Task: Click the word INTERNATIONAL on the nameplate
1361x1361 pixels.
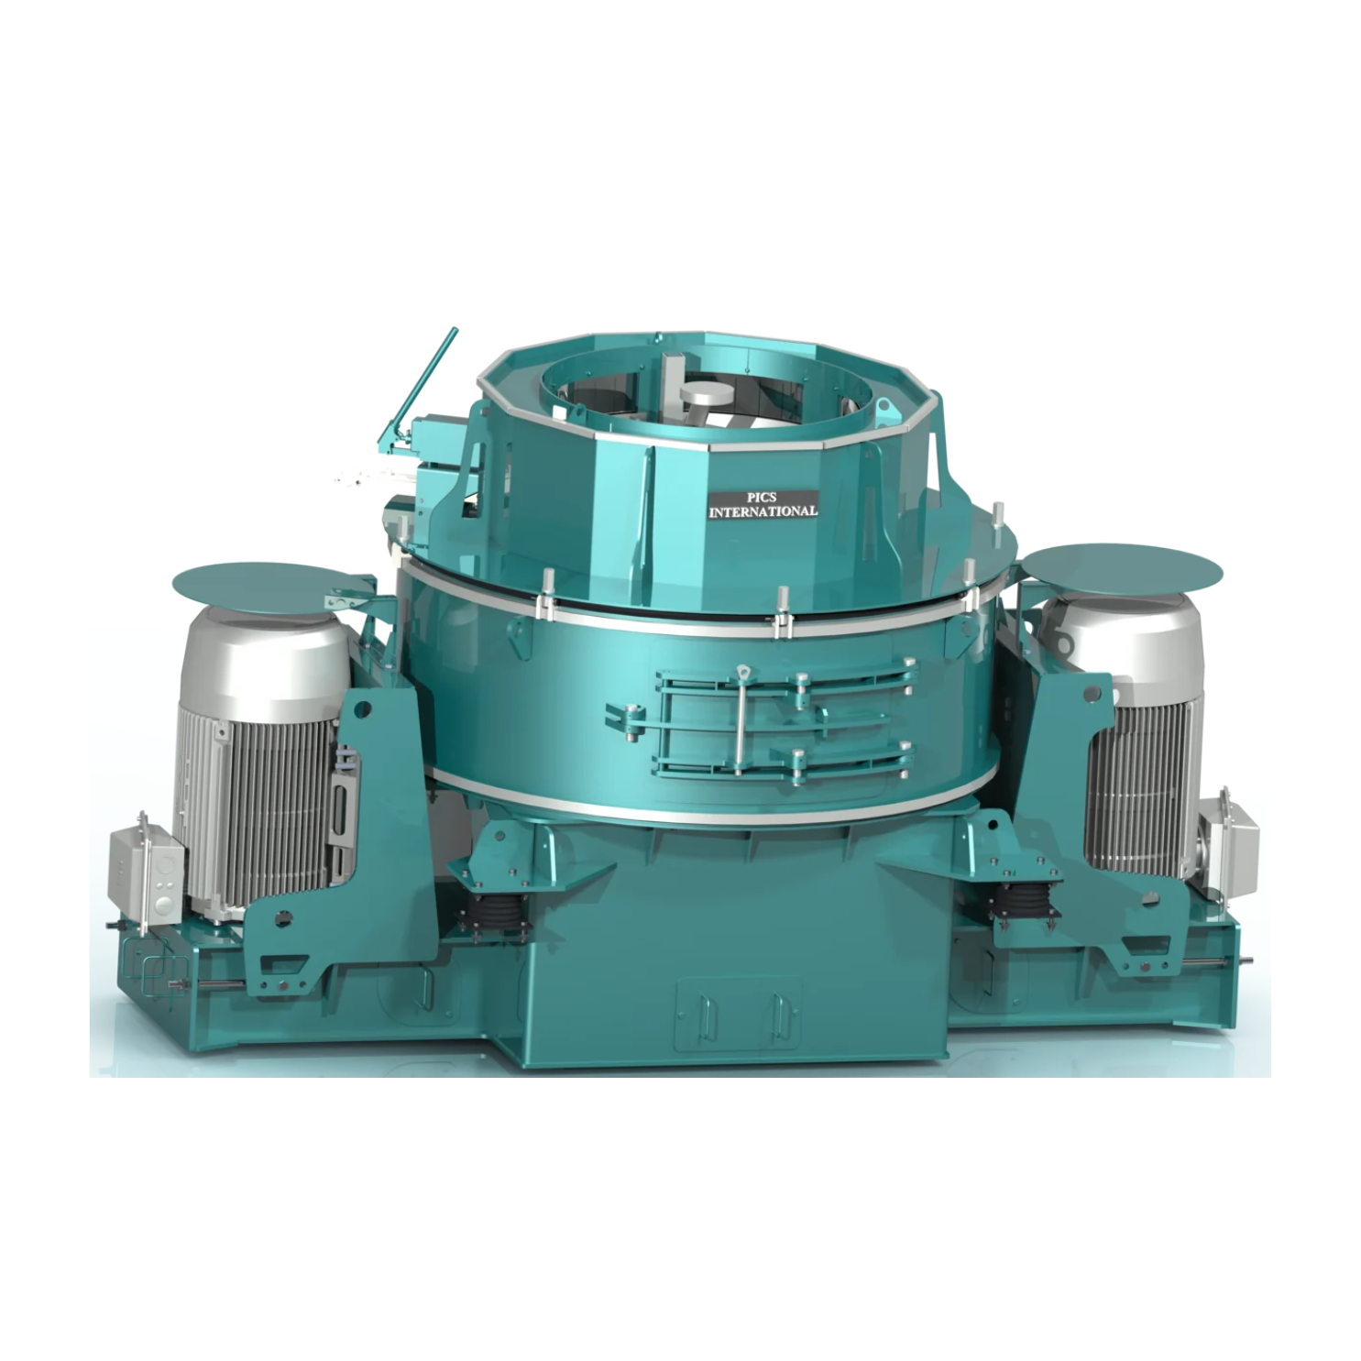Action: pos(763,510)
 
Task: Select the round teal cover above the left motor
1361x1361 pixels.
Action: pos(266,585)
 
